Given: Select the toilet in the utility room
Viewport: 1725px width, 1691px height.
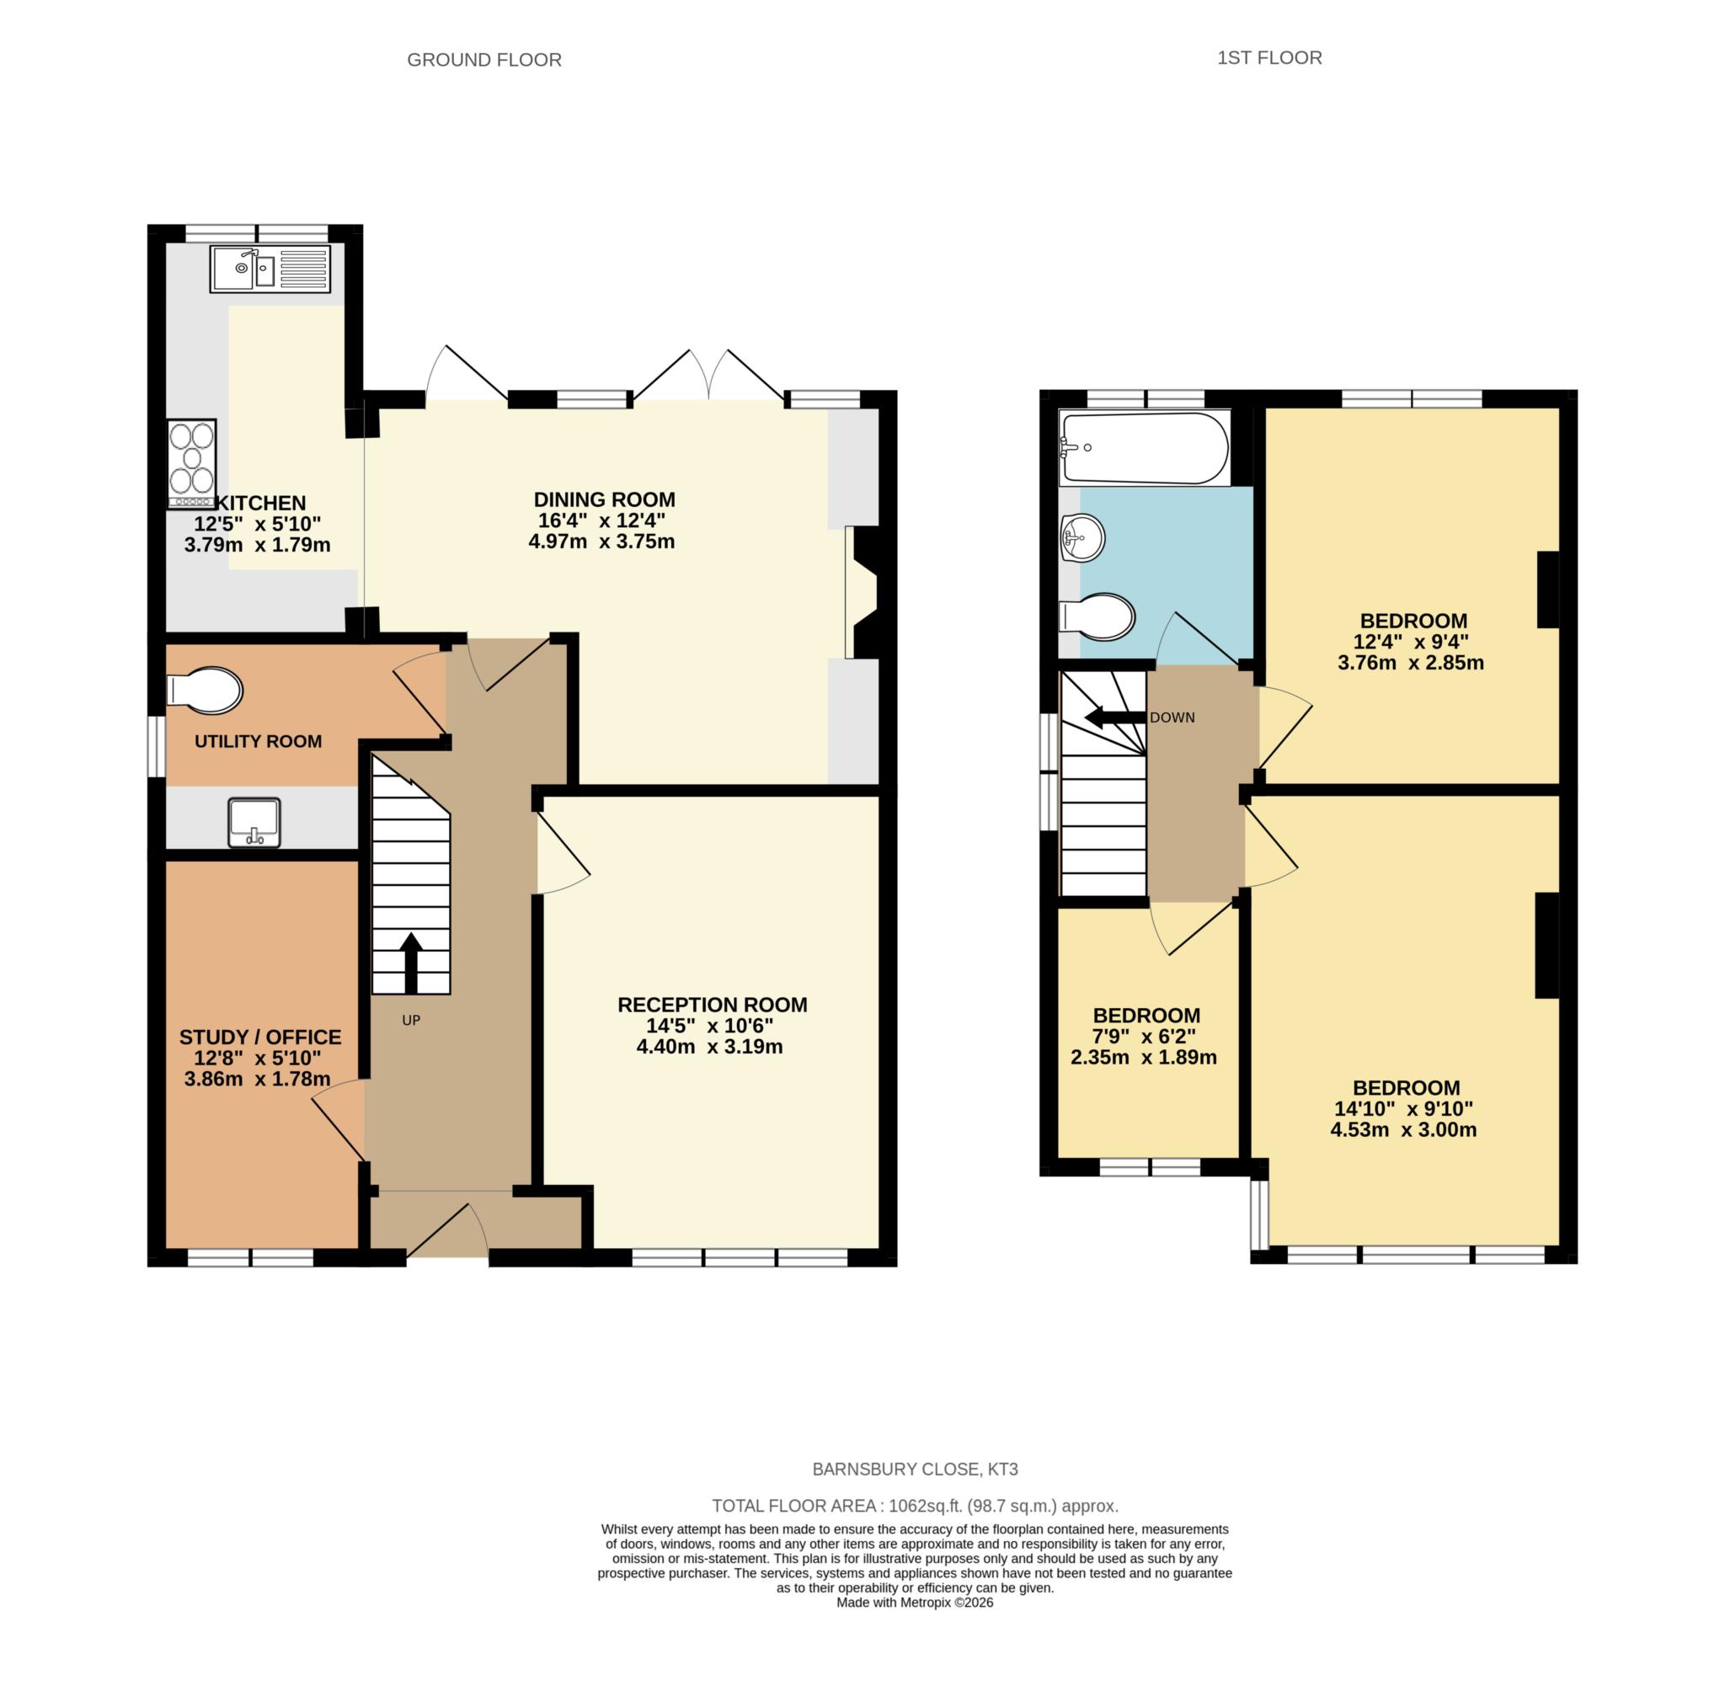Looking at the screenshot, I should (x=206, y=689).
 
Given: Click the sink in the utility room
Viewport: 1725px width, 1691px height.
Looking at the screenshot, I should (x=254, y=822).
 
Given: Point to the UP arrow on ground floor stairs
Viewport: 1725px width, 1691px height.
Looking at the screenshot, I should (x=410, y=963).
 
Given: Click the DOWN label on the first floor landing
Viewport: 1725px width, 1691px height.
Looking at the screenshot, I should (x=1172, y=717).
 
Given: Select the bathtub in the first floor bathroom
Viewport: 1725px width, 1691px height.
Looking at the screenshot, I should (x=1144, y=449).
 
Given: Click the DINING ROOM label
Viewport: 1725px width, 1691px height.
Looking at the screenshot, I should (x=604, y=499).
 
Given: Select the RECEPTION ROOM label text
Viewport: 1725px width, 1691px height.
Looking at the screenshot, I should (x=712, y=1005).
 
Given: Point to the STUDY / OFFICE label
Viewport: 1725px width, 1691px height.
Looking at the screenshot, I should (x=260, y=1038).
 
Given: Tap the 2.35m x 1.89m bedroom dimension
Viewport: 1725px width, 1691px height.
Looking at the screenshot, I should (x=1144, y=1058).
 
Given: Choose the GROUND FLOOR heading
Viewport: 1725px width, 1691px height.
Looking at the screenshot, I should (x=484, y=60).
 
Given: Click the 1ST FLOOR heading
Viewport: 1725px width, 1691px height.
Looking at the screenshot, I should (x=1268, y=58).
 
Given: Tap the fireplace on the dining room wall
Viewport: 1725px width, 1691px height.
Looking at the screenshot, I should (x=865, y=592).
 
